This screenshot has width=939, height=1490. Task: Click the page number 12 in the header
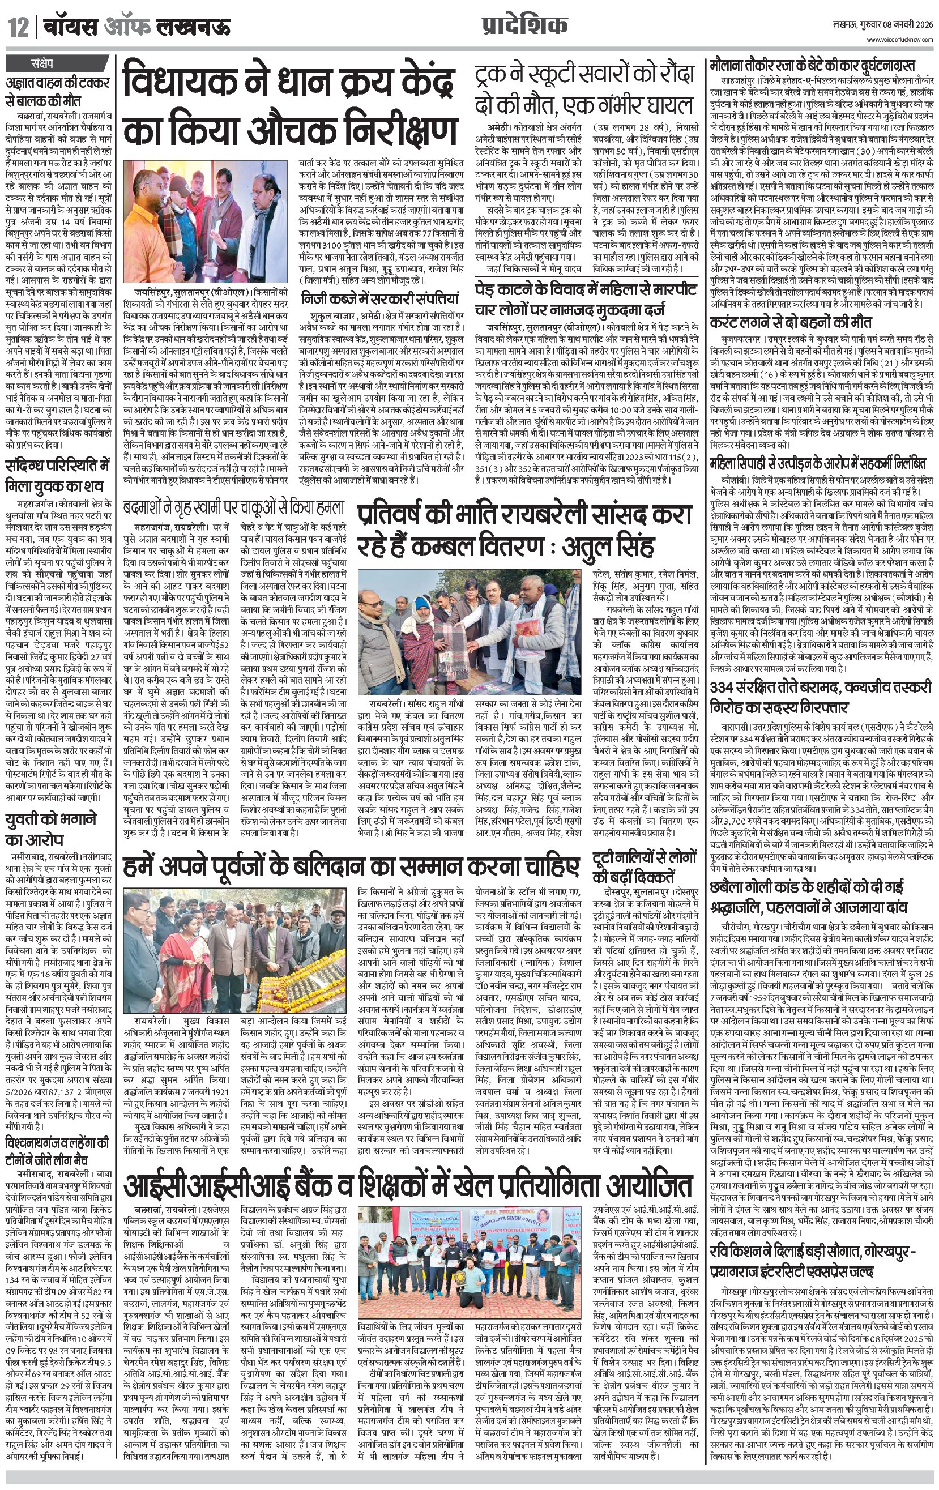click(18, 27)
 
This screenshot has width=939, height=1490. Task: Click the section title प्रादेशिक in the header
click(524, 25)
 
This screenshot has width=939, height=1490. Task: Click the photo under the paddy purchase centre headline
click(206, 221)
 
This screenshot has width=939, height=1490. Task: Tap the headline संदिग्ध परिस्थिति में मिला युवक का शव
click(57, 474)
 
